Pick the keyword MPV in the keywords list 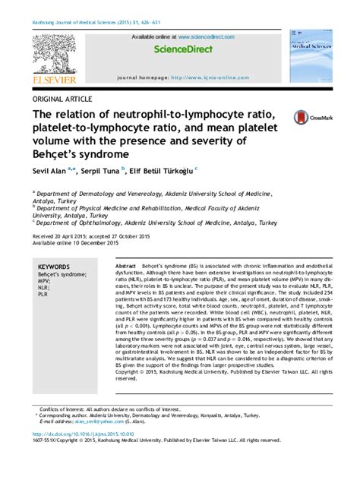click(45, 283)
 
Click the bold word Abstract click(125, 267)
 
